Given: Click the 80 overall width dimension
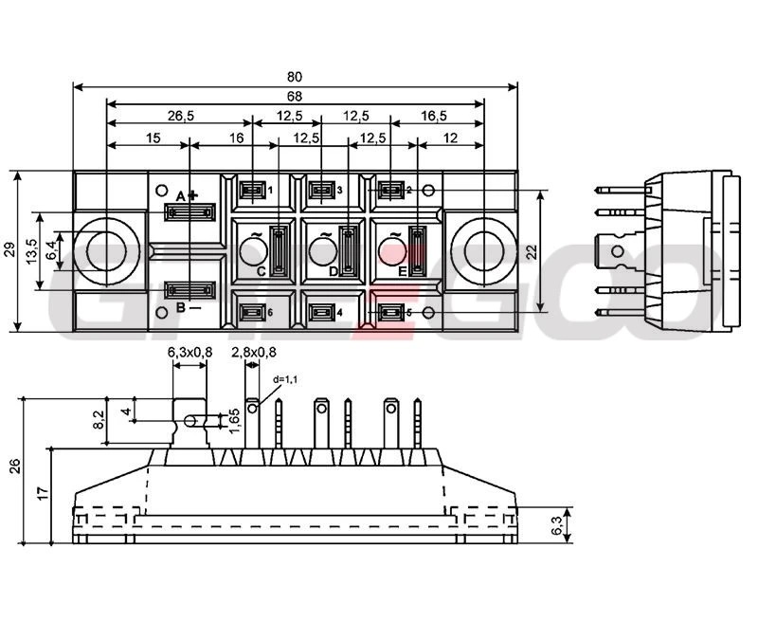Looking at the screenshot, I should pos(296,78).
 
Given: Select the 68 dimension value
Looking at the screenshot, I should pos(296,96).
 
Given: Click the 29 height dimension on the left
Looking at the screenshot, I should pos(9,250).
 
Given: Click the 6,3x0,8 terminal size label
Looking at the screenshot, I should pos(189,353).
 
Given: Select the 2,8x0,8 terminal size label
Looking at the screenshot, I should pos(254,353).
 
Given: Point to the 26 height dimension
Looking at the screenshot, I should pos(13,466).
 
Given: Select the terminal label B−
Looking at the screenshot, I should pos(188,307).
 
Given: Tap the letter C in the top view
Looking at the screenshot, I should pos(262,271).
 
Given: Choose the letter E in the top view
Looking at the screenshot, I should pos(403,271).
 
